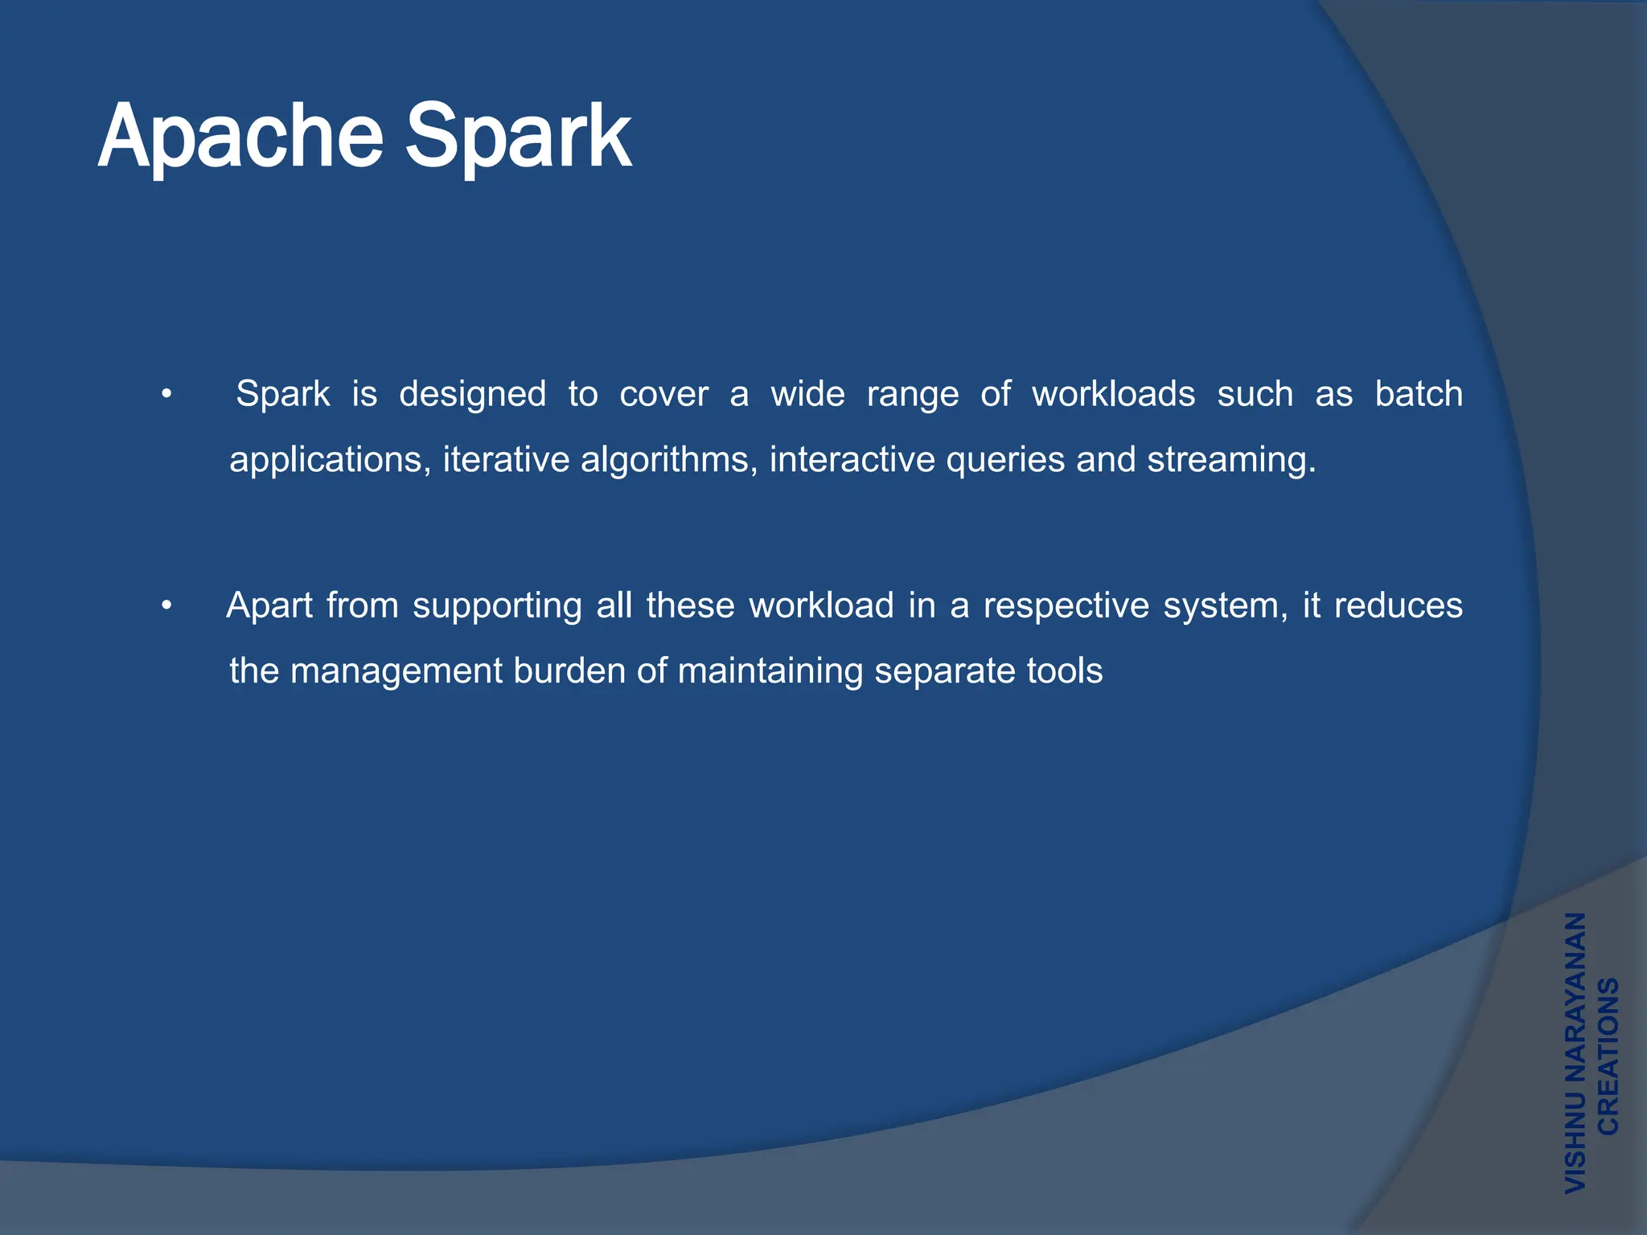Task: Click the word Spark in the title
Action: tap(518, 138)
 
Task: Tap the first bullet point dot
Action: tap(166, 395)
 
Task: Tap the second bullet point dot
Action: tap(166, 606)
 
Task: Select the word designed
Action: tap(472, 394)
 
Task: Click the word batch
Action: tap(1418, 394)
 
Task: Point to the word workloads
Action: tap(1113, 394)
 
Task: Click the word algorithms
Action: tap(669, 461)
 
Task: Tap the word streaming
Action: tap(1230, 461)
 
